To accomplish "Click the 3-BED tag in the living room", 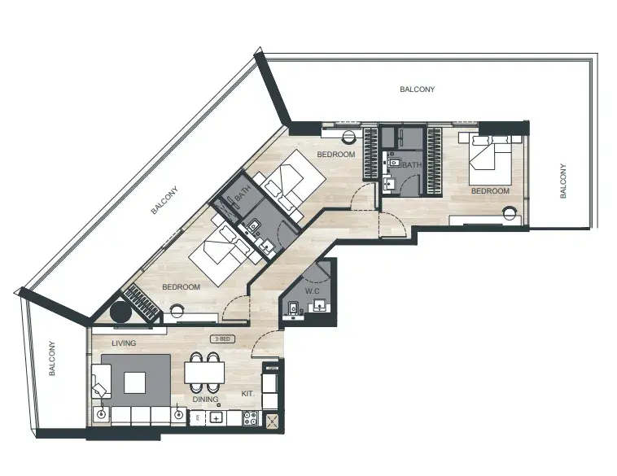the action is coord(223,339).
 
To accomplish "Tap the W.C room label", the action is coord(312,291).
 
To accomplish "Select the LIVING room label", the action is coord(124,343).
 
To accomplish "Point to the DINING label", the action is coord(205,400).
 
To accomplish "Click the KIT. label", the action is coord(248,393).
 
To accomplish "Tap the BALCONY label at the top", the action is coord(417,90).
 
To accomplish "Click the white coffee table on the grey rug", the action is coord(134,382).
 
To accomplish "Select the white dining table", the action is coord(204,372).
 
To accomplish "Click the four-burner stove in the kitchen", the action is coord(250,418).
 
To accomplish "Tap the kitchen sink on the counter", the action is coord(216,417).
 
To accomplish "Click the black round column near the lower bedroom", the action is coord(120,312).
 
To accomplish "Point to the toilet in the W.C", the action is coord(292,308).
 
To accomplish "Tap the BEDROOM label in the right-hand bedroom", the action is coord(490,190).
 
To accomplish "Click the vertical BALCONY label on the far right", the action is coord(563,181).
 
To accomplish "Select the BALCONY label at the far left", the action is coord(52,358).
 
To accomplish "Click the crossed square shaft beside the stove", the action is coord(272,422).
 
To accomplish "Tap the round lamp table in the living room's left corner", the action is coord(102,414).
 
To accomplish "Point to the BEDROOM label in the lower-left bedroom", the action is coord(181,287).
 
